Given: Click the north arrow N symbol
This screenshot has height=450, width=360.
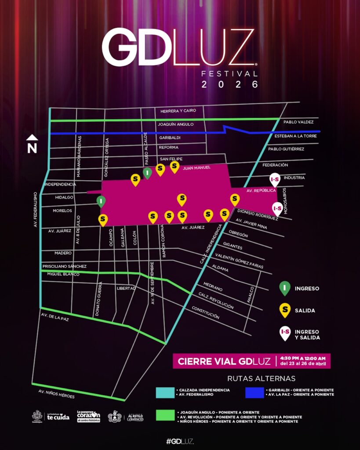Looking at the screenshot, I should pos(32,144).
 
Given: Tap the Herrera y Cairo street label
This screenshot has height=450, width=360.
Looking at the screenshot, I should pos(178,111).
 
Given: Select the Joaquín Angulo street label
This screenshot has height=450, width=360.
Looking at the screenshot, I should pos(176,124).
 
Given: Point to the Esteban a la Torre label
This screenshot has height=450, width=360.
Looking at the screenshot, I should pos(299,136).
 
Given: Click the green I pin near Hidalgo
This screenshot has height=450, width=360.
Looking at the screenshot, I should pos(101,202).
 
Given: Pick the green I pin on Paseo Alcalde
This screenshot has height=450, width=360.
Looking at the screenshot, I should pos(148,173).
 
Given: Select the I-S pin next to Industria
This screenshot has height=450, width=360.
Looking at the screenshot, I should pos(274,179).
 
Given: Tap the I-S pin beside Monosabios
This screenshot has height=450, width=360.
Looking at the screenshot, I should pos(277,208).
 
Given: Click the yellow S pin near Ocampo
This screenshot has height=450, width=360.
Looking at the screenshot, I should pos(103,219).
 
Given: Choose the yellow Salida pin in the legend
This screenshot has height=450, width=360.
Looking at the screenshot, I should pos(285,310).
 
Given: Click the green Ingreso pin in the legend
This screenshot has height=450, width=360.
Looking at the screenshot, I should pos(285,288).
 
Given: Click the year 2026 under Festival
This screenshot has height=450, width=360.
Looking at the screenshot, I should pos(229,84).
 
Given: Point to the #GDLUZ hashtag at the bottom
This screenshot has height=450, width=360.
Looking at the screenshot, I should pos(180,441).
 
